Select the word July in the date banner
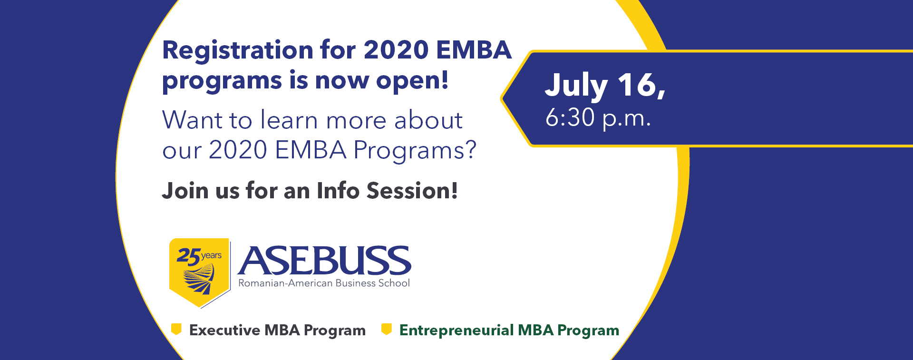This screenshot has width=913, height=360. [576, 87]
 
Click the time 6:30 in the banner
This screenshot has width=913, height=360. [570, 117]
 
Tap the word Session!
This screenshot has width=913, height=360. [412, 190]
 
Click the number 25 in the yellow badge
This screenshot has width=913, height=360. [188, 257]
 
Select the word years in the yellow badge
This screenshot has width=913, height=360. [211, 256]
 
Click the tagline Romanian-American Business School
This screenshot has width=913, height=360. [324, 283]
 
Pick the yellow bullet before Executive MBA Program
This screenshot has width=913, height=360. [176, 329]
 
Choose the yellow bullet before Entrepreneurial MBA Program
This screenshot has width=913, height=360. [387, 329]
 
